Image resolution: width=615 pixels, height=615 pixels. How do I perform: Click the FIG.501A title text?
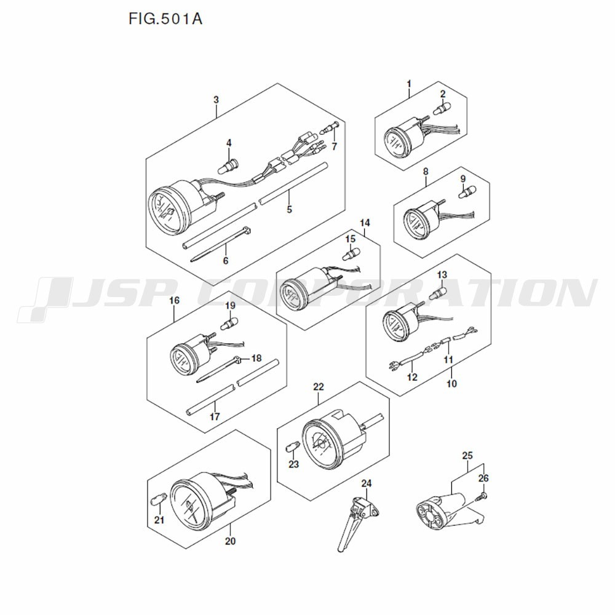(165, 18)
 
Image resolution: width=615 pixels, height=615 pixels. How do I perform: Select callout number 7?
(334, 146)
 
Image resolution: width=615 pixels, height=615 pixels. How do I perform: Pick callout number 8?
(426, 172)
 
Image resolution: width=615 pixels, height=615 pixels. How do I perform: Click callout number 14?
(365, 223)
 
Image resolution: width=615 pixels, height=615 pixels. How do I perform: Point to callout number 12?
(411, 377)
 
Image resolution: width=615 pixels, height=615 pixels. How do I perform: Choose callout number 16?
(174, 301)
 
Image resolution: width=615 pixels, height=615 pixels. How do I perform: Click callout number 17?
(215, 416)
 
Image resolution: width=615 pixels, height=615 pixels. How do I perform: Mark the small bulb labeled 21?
(159, 502)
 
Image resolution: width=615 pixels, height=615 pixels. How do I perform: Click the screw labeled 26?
(485, 494)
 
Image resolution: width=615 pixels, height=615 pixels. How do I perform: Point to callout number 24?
(367, 483)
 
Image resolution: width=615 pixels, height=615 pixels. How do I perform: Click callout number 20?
(230, 542)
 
